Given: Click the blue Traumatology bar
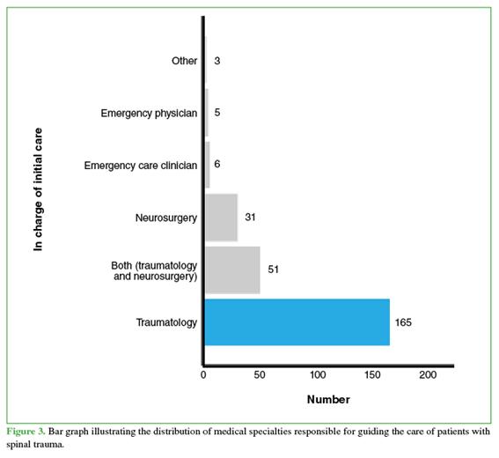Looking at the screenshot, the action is (x=297, y=322).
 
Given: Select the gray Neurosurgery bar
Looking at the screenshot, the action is (x=221, y=218).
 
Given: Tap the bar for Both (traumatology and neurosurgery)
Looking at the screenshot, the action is (x=232, y=270).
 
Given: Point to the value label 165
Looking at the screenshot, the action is (x=403, y=322).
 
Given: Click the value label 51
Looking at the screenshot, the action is (x=273, y=270).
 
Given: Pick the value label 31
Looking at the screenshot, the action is (x=250, y=218).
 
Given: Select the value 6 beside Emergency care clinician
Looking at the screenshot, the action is (x=217, y=164).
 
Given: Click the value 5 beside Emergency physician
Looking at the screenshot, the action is (x=217, y=113).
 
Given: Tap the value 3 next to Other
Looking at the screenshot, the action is (x=217, y=61).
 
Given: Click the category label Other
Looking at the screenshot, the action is (x=184, y=61).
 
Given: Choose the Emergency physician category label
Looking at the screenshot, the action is (x=149, y=113).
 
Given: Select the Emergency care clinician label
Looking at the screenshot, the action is (x=141, y=166).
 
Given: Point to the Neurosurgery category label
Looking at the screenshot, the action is (x=166, y=218).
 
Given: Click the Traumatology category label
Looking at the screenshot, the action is (x=166, y=322).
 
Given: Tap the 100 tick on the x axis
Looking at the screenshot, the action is (x=318, y=375).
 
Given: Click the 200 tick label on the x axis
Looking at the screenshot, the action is (x=428, y=375).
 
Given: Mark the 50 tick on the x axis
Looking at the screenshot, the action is (x=260, y=375).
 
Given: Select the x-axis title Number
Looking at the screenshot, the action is (x=328, y=399).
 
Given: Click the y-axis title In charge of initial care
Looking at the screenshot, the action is (x=38, y=189).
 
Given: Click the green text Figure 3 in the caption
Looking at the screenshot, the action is (x=26, y=432).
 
